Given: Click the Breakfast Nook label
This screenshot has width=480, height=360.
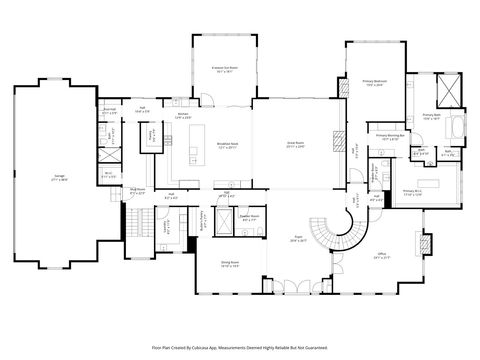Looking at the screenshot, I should click(x=227, y=144).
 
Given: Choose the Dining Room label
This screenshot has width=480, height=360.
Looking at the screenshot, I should click(x=228, y=266).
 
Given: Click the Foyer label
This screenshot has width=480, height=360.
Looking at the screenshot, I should click(x=298, y=238).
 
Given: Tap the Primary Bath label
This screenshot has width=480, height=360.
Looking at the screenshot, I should click(x=431, y=116).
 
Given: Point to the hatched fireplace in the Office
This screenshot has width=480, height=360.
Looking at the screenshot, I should click(x=424, y=244).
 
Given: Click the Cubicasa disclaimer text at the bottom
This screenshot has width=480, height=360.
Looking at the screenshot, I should click(x=240, y=347).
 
